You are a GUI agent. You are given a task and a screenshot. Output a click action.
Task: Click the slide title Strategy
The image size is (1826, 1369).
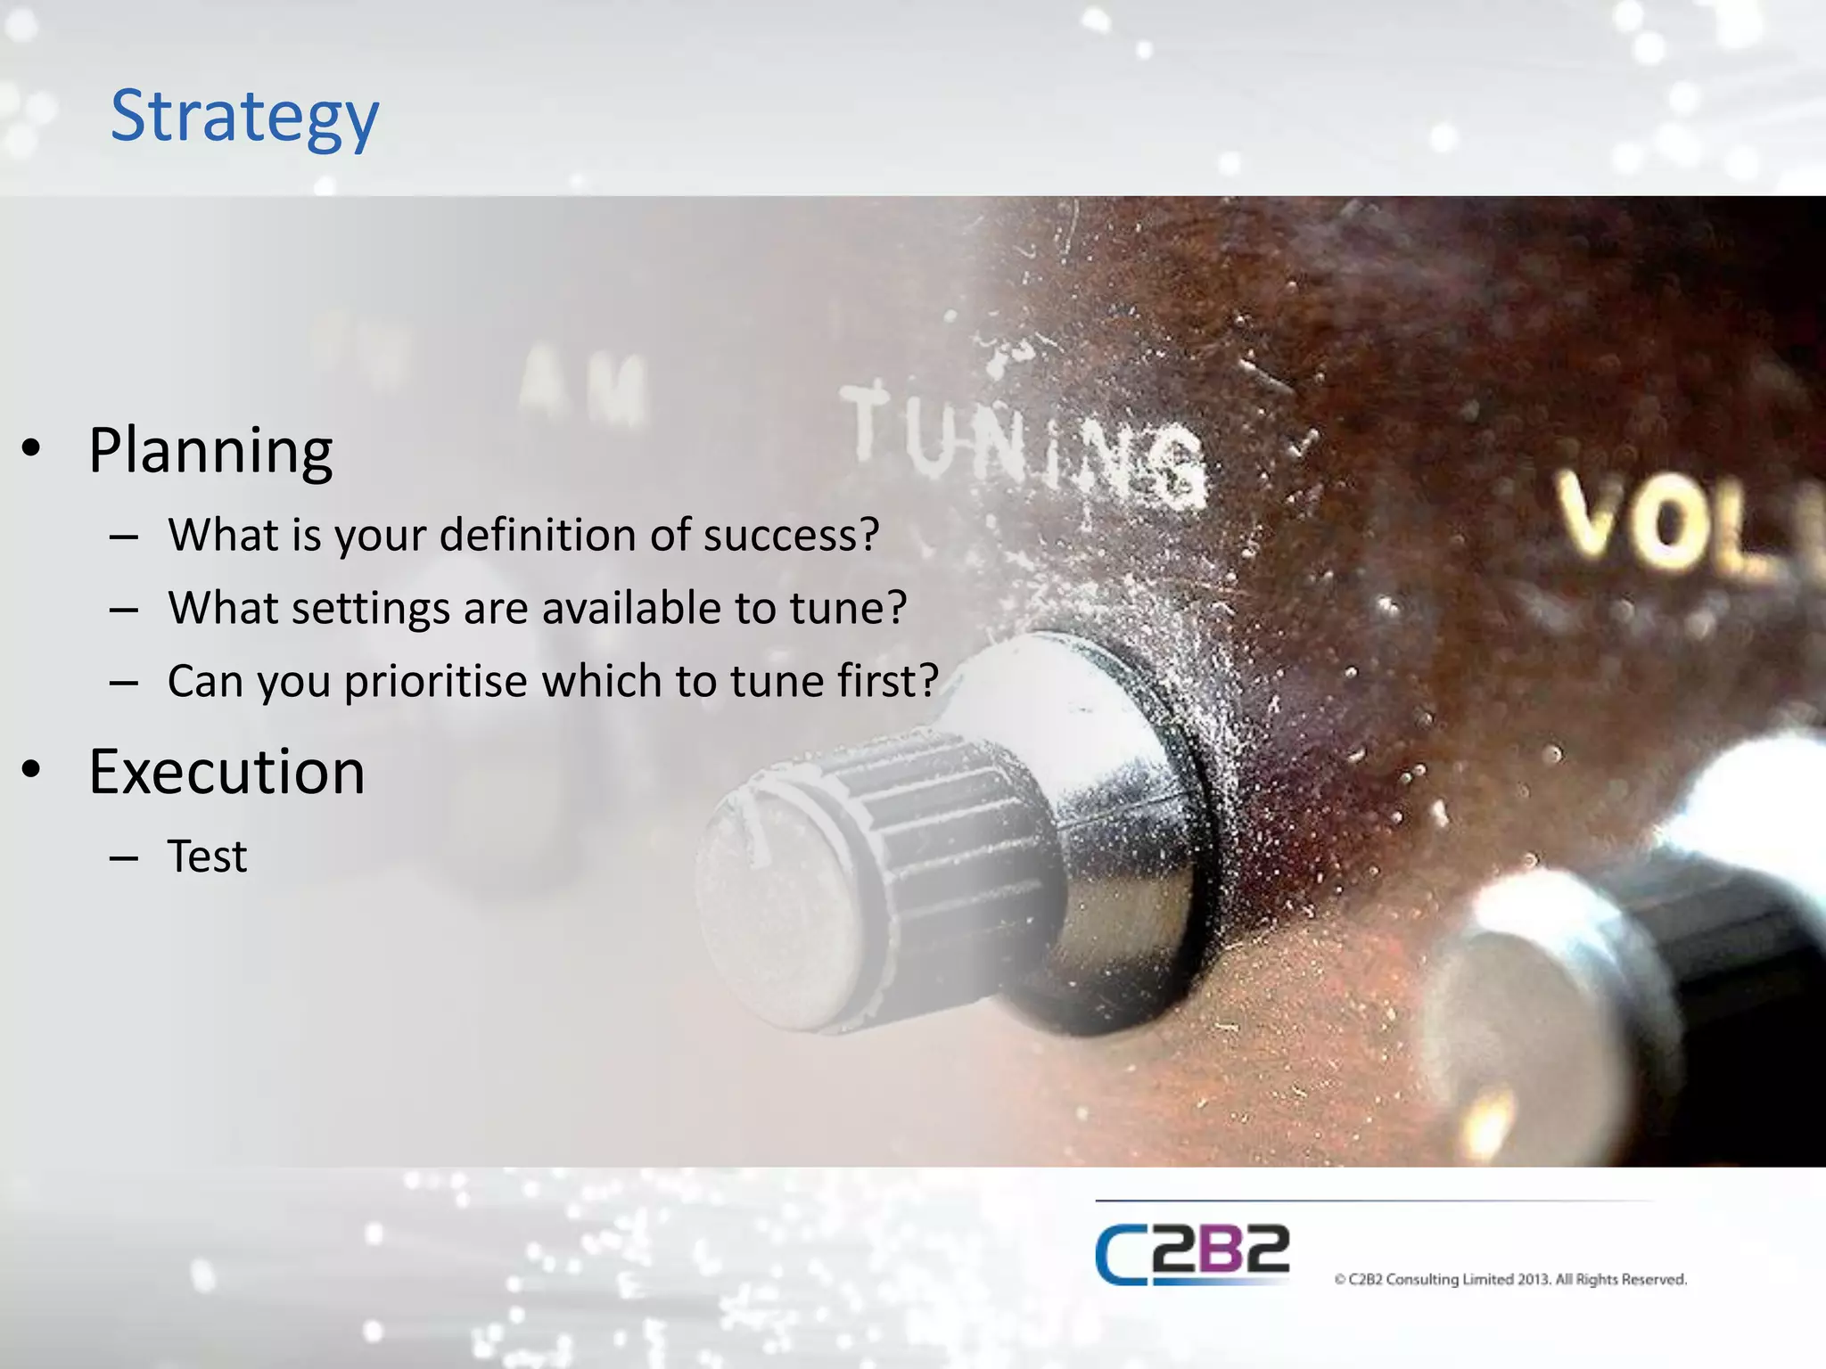(244, 116)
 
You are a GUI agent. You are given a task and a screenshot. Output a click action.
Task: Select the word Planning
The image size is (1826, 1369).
(210, 451)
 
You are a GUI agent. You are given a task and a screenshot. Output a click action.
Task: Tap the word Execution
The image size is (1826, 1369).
(226, 772)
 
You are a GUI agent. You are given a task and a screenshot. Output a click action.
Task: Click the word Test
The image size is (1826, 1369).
(207, 857)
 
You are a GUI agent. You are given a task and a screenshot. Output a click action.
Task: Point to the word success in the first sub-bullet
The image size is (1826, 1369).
(791, 535)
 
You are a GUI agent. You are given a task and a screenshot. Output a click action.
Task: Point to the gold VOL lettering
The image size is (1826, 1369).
(1676, 526)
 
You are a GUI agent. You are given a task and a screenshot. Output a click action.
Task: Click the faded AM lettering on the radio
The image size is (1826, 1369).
(584, 388)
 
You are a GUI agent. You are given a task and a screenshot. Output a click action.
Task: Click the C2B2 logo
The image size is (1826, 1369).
(1192, 1254)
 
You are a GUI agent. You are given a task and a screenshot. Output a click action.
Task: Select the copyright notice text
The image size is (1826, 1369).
(1510, 1279)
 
